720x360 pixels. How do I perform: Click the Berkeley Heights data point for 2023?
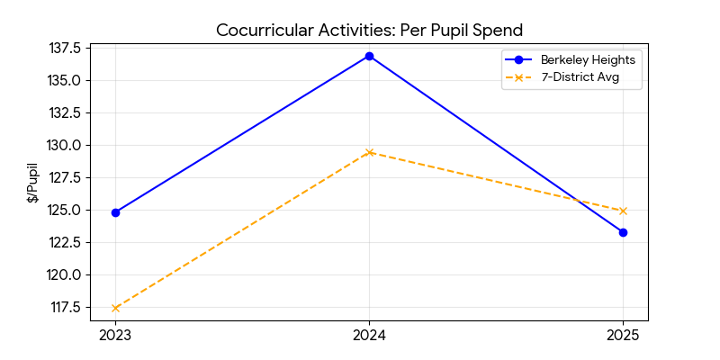115,212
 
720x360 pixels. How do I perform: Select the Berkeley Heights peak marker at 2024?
369,56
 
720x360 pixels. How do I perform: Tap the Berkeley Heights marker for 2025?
623,232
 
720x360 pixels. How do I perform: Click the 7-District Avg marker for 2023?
115,308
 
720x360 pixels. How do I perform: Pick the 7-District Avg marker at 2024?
369,152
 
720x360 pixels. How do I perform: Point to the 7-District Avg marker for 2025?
623,211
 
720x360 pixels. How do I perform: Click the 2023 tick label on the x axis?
115,336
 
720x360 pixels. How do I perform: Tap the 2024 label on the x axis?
369,336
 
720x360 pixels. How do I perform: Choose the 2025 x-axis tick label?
623,336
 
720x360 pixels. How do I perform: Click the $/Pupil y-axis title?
32,183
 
